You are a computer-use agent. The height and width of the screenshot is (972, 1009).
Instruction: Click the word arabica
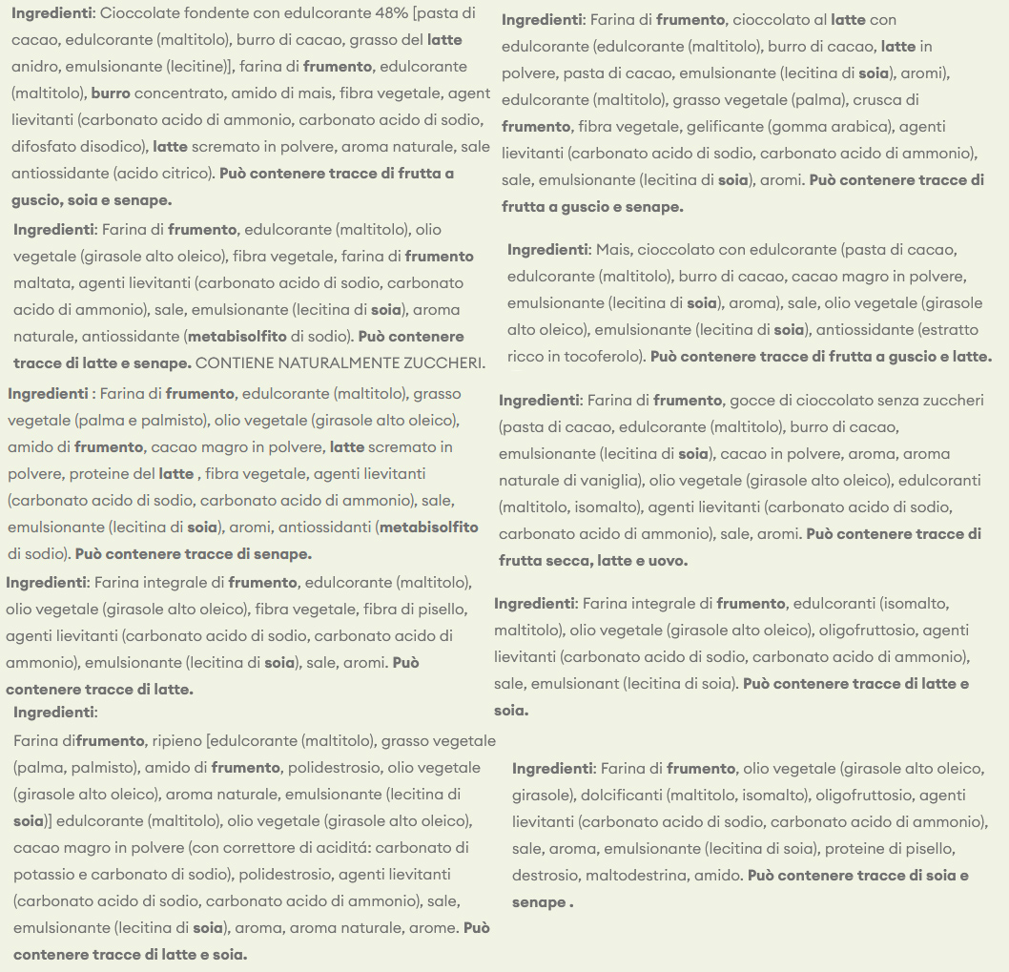(861, 126)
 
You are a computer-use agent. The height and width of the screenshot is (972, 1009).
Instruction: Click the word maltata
(42, 282)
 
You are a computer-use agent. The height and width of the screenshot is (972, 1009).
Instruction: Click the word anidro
(35, 67)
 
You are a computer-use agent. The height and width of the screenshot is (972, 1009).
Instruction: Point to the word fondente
(202, 13)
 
